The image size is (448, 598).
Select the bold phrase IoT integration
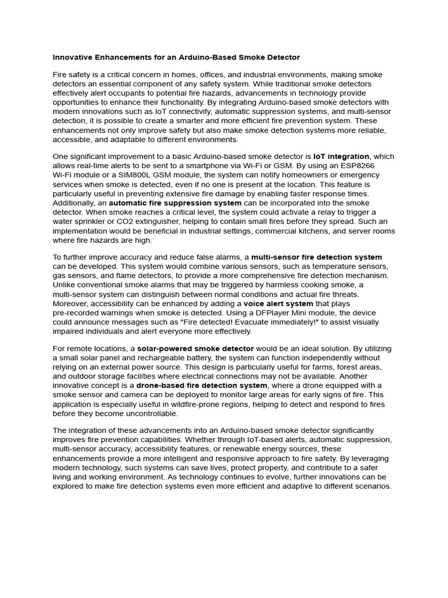tap(341, 157)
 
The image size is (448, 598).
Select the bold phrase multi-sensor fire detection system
tap(317, 257)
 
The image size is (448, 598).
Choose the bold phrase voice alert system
tap(278, 304)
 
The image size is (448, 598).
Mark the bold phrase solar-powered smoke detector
tap(195, 349)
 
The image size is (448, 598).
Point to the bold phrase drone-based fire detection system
tap(202, 385)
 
